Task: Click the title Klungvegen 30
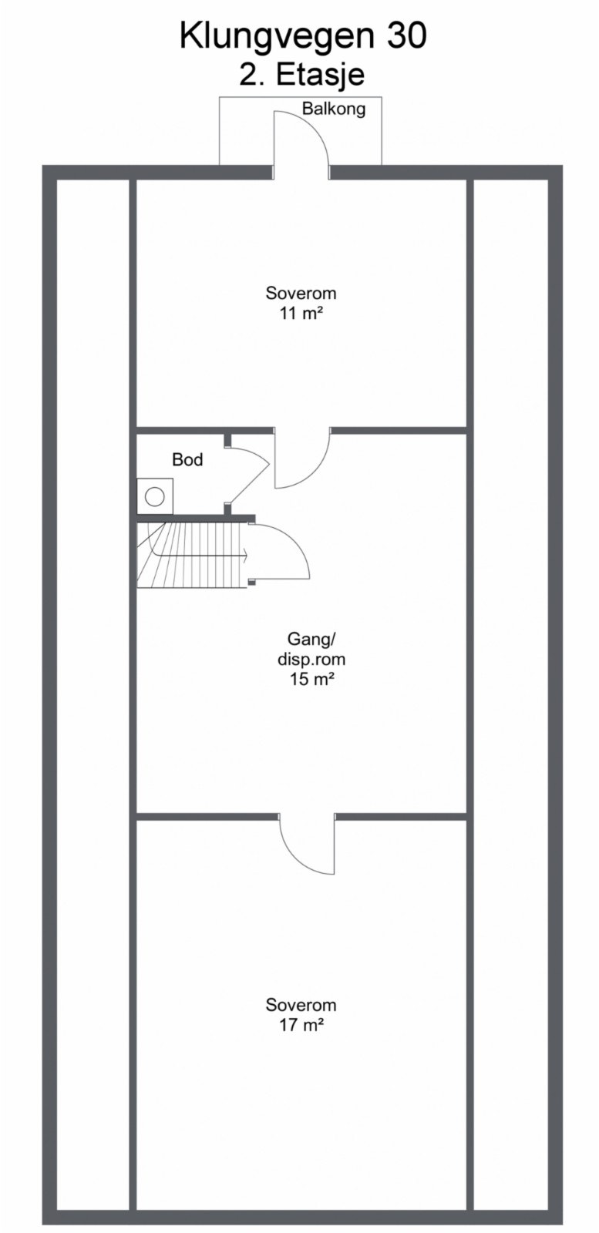pos(302,36)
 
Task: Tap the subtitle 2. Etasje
pos(301,76)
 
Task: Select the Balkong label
pos(333,109)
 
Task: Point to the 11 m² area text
pos(301,313)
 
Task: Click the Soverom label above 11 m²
pos(301,293)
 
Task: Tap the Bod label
pos(187,460)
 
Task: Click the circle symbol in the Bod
pos(155,496)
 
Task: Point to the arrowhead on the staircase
pos(244,553)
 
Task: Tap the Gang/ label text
pos(307,639)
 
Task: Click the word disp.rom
pos(311,659)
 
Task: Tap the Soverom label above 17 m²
pos(301,1005)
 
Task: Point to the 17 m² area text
pos(301,1025)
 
